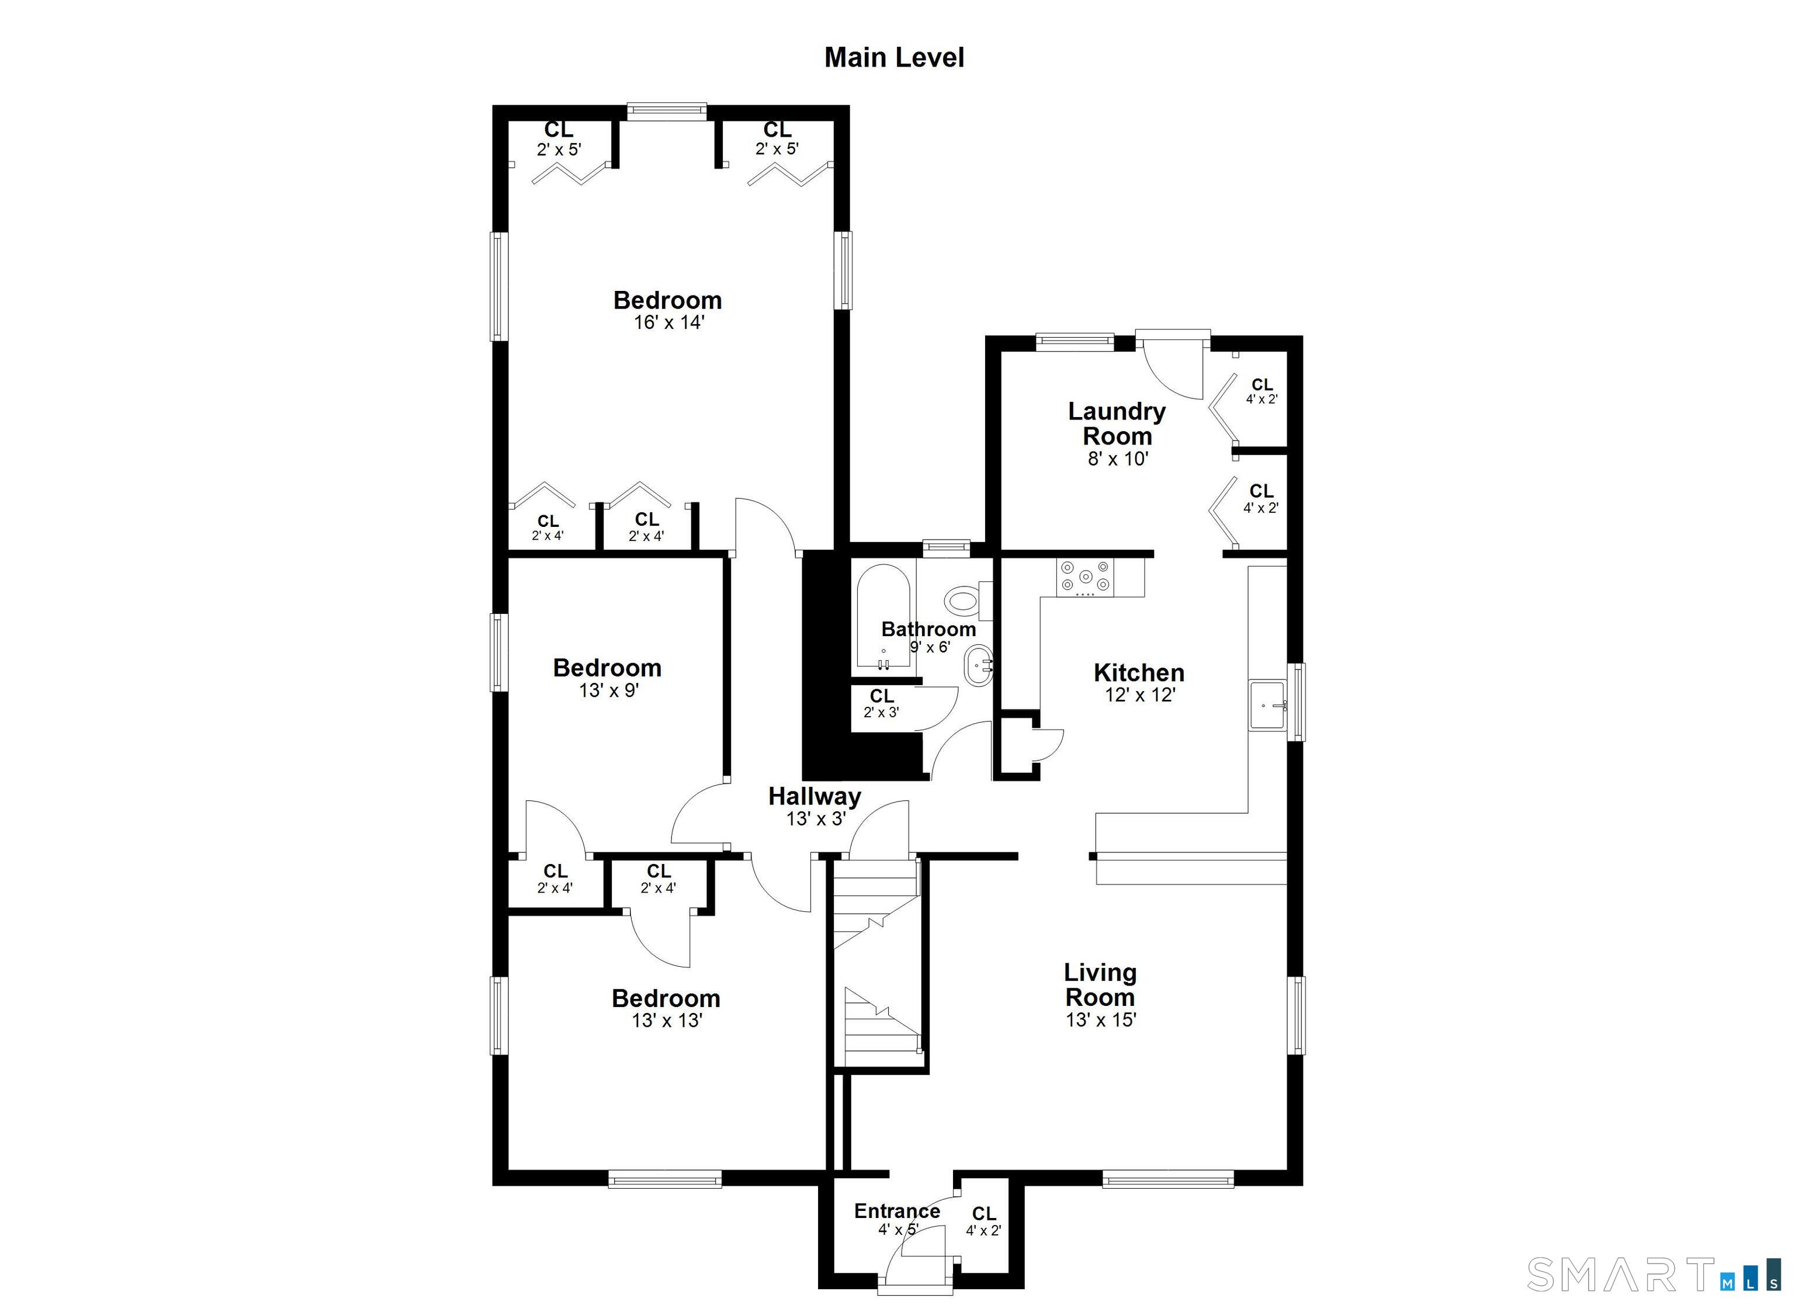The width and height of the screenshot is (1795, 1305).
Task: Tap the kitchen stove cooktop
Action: click(1085, 576)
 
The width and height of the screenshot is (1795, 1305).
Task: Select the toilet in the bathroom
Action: click(961, 601)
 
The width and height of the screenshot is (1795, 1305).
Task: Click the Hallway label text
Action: click(815, 796)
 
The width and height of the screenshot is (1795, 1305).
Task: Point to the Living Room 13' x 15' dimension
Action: click(1101, 1019)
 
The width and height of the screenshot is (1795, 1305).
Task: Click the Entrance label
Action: click(897, 1211)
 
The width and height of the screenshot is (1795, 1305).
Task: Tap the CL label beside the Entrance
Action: click(984, 1213)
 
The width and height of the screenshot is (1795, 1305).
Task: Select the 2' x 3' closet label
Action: click(881, 711)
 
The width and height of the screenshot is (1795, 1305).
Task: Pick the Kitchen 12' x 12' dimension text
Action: click(1139, 695)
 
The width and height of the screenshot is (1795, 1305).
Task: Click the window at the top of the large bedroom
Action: click(666, 111)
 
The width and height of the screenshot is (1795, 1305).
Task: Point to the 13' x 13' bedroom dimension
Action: click(666, 1020)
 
